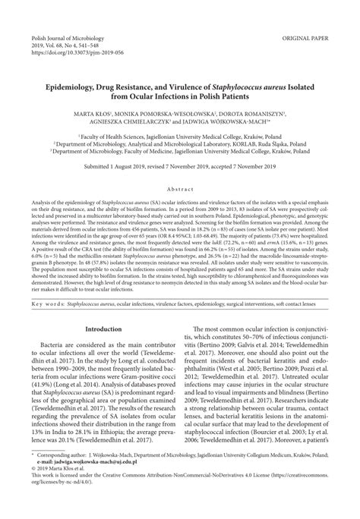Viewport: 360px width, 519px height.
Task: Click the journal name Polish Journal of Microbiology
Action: pos(49,14)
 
